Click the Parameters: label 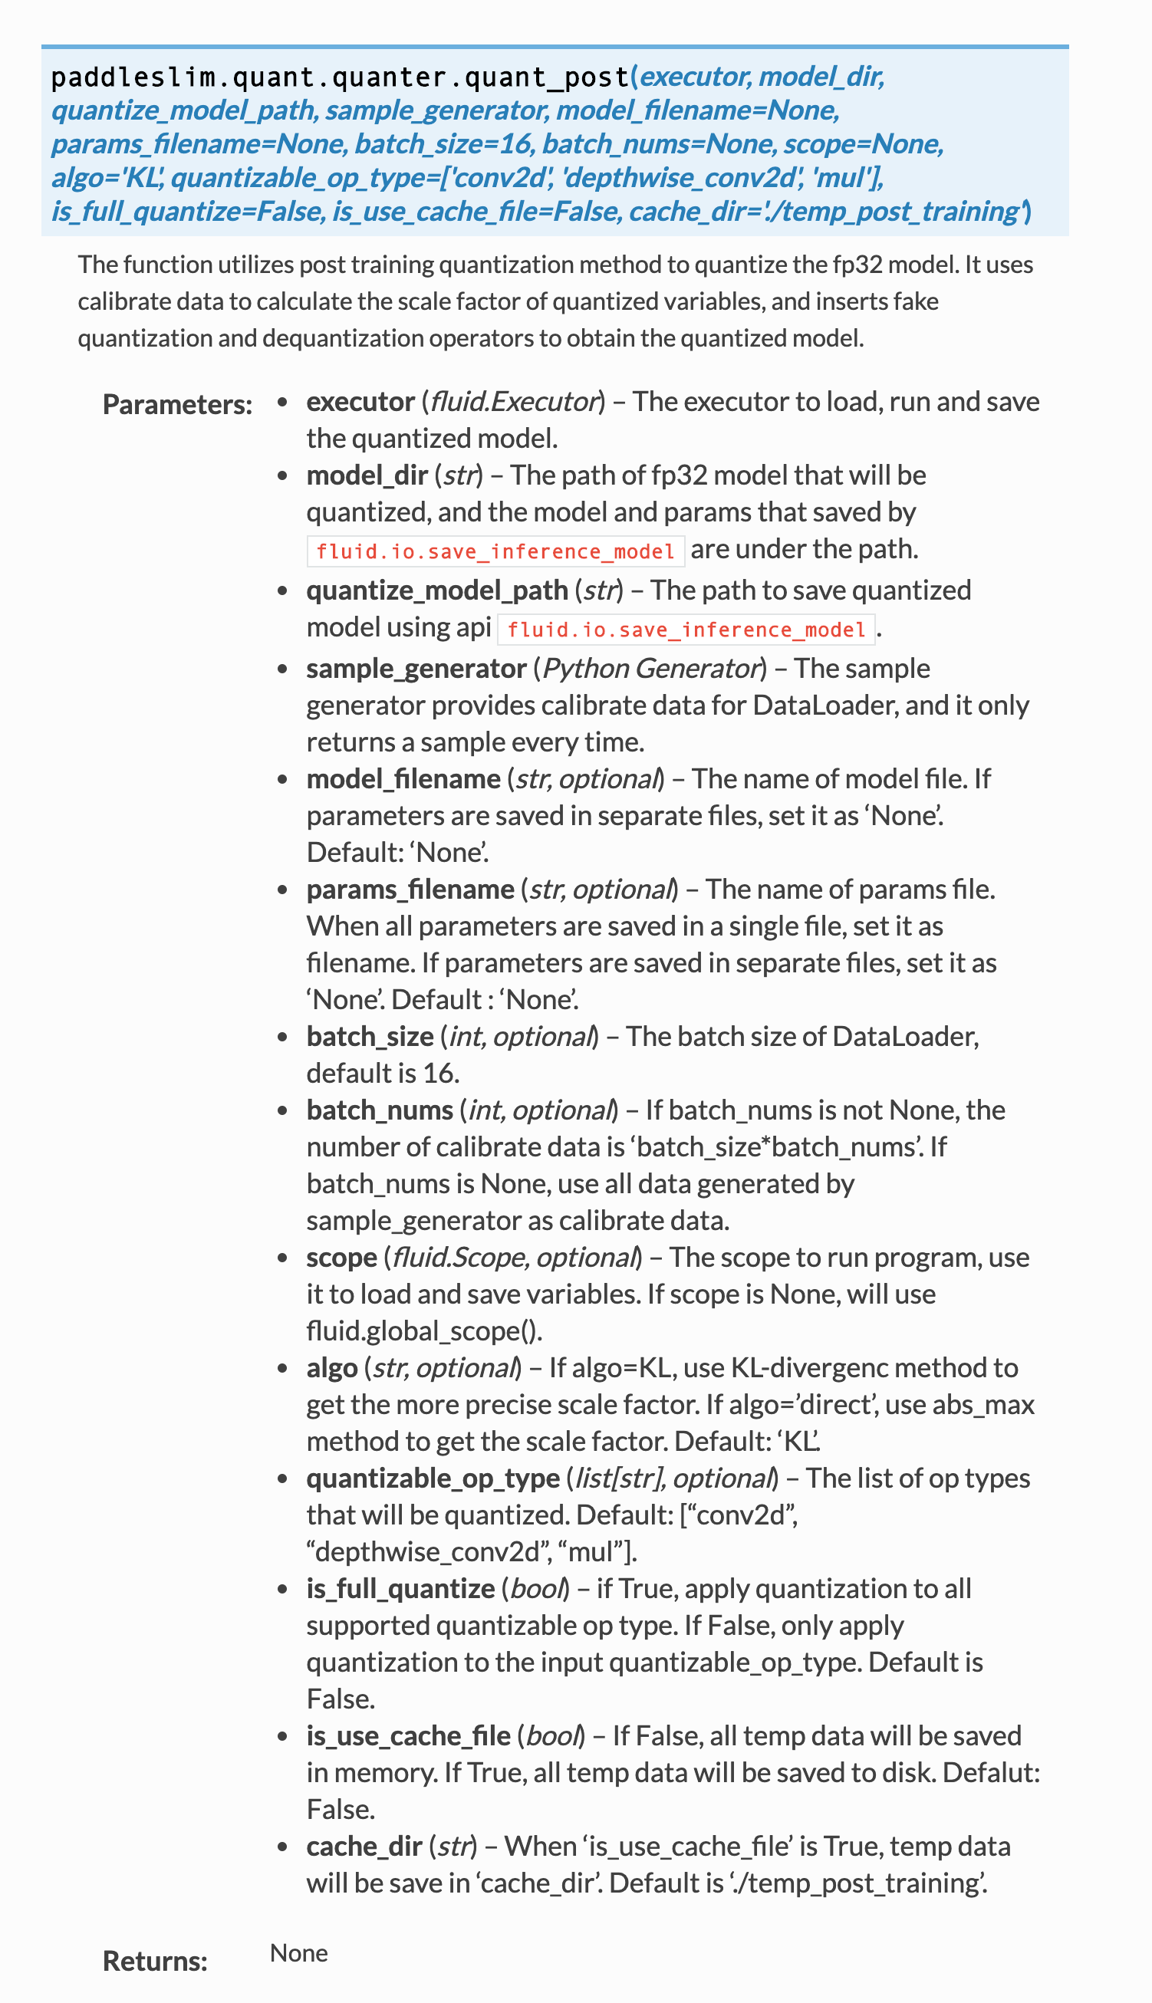[177, 405]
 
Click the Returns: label [155, 1961]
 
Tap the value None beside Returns [298, 1953]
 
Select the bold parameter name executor [360, 402]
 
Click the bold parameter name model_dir [367, 475]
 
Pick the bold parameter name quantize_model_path [436, 591]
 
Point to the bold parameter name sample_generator [416, 669]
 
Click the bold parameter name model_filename [403, 779]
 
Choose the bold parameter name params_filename [410, 890]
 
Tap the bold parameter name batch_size [370, 1037]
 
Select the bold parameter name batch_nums [380, 1110]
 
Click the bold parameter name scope [341, 1258]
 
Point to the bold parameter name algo [331, 1369]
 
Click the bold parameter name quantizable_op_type [433, 1478]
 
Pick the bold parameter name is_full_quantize [400, 1589]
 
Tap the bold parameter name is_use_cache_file [408, 1736]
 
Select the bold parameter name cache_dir [364, 1847]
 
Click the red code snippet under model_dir [495, 551]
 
